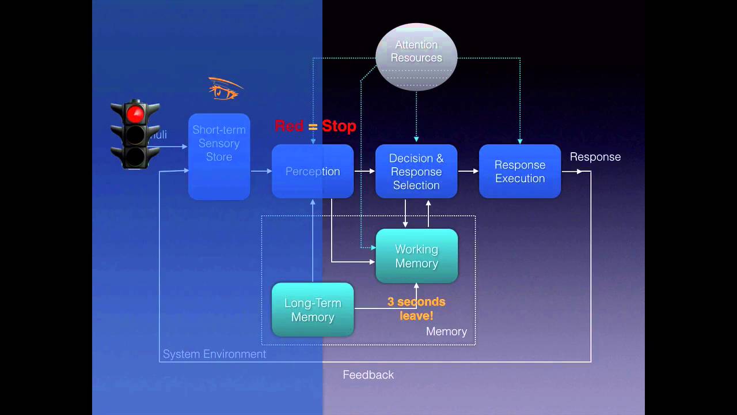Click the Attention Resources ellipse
coord(416,56)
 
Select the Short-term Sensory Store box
coord(219,156)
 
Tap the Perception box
coord(313,171)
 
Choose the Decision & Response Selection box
coord(416,171)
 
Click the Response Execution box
coord(520,171)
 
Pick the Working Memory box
coord(416,256)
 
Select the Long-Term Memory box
coord(313,310)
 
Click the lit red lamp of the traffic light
coord(135,113)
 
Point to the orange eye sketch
coord(225,89)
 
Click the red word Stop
coord(339,126)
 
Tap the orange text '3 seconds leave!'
coord(416,308)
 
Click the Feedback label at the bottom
coord(368,375)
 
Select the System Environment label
coord(214,354)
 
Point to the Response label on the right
coord(595,157)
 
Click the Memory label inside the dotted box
coord(446,331)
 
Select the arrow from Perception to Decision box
coord(364,171)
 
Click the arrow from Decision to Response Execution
coord(468,171)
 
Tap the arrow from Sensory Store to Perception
coord(261,171)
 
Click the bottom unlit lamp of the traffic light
coord(135,156)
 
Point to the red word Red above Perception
coord(289,126)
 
